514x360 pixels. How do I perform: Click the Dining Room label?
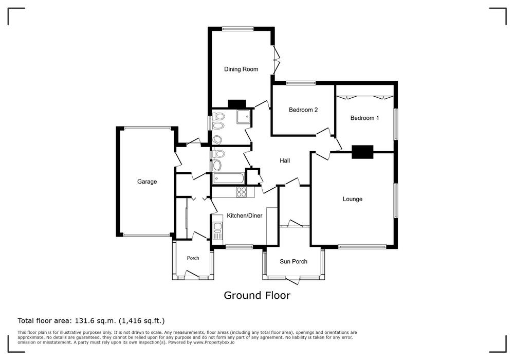coord(241,69)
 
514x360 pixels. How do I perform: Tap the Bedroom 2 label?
coord(303,110)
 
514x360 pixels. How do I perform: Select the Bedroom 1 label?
coord(364,118)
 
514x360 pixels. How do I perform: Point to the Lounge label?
coord(353,199)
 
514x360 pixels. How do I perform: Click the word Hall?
coord(285,160)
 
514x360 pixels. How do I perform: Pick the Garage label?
coord(147,182)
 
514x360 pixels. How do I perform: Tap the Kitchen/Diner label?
coord(245,215)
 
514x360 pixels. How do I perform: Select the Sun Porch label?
coord(293,261)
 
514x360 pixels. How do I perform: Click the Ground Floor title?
coord(257,295)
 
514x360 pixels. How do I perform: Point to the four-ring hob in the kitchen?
coord(241,192)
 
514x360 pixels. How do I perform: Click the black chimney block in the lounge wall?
coord(362,152)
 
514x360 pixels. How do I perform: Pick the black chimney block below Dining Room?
coord(236,104)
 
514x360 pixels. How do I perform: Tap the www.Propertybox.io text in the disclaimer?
coord(214,343)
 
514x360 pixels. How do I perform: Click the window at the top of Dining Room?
coord(237,29)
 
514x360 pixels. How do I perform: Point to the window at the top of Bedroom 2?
coord(301,83)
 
